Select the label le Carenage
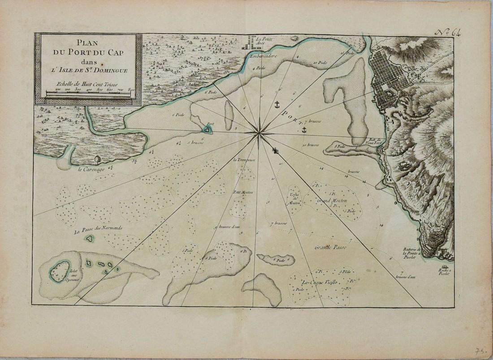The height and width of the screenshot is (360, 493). [92, 169]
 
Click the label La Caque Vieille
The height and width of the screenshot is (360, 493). [319, 282]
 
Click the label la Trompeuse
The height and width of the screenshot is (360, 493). [243, 159]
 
